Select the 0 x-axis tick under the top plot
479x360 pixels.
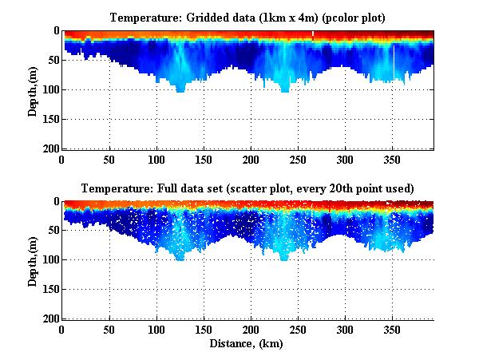pos(62,158)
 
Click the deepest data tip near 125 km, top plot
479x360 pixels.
pos(180,90)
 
